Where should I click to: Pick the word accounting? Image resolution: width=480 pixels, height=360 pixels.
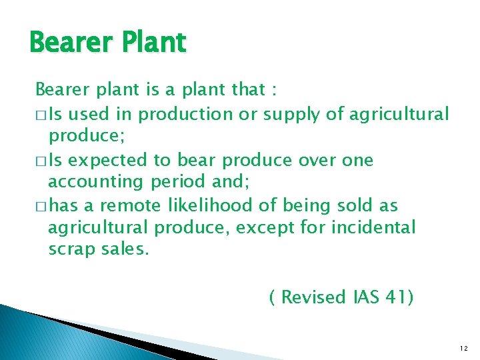[x=97, y=181]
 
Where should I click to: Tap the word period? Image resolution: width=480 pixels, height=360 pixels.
[x=178, y=181]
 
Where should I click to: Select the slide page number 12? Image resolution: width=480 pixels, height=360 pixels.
[x=463, y=348]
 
